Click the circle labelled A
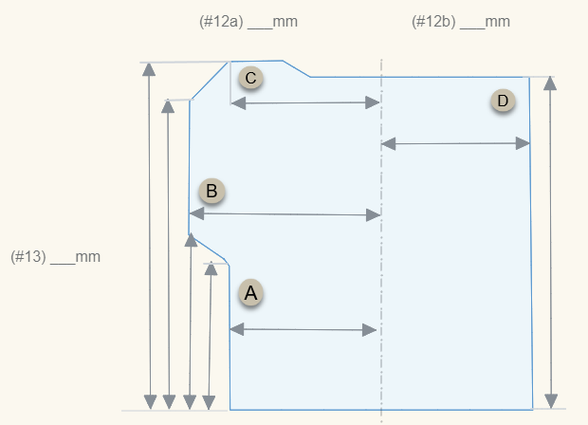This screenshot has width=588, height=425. tap(250, 293)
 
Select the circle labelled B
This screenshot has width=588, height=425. tap(211, 192)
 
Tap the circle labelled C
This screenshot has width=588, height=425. tap(250, 78)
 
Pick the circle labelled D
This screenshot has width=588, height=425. tap(503, 101)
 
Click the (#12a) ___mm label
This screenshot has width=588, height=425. tap(242, 21)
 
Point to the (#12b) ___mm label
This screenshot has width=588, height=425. tap(461, 21)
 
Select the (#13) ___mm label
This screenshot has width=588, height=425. tap(55, 256)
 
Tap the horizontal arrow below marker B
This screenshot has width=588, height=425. tap(285, 215)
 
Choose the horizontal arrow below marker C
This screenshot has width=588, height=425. tap(304, 102)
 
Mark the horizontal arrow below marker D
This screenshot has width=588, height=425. tap(455, 143)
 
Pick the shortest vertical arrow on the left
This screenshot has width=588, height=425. tap(210, 336)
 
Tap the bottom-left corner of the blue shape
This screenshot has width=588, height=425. tap(230, 409)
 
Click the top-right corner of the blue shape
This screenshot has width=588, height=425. tap(528, 77)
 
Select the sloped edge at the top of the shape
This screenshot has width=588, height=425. tap(298, 68)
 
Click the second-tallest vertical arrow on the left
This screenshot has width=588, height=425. tap(169, 251)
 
